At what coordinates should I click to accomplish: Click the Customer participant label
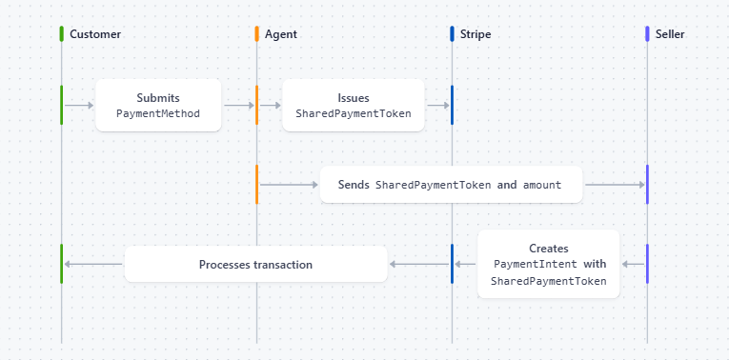point(95,34)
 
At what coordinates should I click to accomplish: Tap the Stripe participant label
point(476,34)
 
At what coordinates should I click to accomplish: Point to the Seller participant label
point(670,34)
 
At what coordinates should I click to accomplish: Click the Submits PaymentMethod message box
point(158,105)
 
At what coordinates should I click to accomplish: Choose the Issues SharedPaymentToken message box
point(353,105)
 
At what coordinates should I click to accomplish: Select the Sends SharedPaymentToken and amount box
point(450,185)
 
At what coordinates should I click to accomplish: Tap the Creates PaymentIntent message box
point(548,264)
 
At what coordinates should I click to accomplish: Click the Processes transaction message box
point(255,264)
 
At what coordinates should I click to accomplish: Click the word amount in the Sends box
point(541,185)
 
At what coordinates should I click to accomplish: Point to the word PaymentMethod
point(158,113)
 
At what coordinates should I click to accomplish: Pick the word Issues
point(353,97)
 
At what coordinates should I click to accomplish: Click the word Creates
point(548,248)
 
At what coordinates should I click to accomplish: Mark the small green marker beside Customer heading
point(61,34)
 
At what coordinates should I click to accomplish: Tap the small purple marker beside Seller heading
point(647,34)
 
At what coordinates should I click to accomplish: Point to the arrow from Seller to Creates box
point(632,264)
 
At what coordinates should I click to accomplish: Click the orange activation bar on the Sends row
point(256,184)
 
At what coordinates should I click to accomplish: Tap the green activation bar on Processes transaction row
point(61,264)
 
